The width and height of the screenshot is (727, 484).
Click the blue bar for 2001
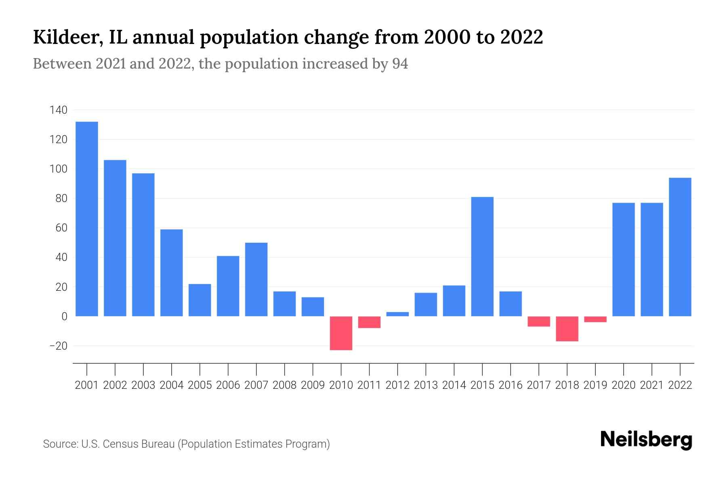click(x=87, y=219)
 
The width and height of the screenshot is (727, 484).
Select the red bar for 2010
click(x=341, y=333)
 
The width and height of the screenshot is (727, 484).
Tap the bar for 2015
click(x=482, y=257)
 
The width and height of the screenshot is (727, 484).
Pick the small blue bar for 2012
click(x=397, y=314)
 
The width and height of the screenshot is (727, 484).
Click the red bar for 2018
click(x=567, y=329)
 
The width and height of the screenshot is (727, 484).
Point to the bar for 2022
click(x=680, y=247)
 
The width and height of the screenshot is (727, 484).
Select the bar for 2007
click(x=256, y=279)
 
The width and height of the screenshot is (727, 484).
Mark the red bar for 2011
click(x=369, y=322)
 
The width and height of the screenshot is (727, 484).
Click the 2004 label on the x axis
click(x=172, y=385)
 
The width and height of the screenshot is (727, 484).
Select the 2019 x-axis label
click(x=595, y=385)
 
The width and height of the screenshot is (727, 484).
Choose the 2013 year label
click(x=426, y=385)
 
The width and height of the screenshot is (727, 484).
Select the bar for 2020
click(x=624, y=259)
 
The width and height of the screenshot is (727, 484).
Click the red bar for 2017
click(x=539, y=321)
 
